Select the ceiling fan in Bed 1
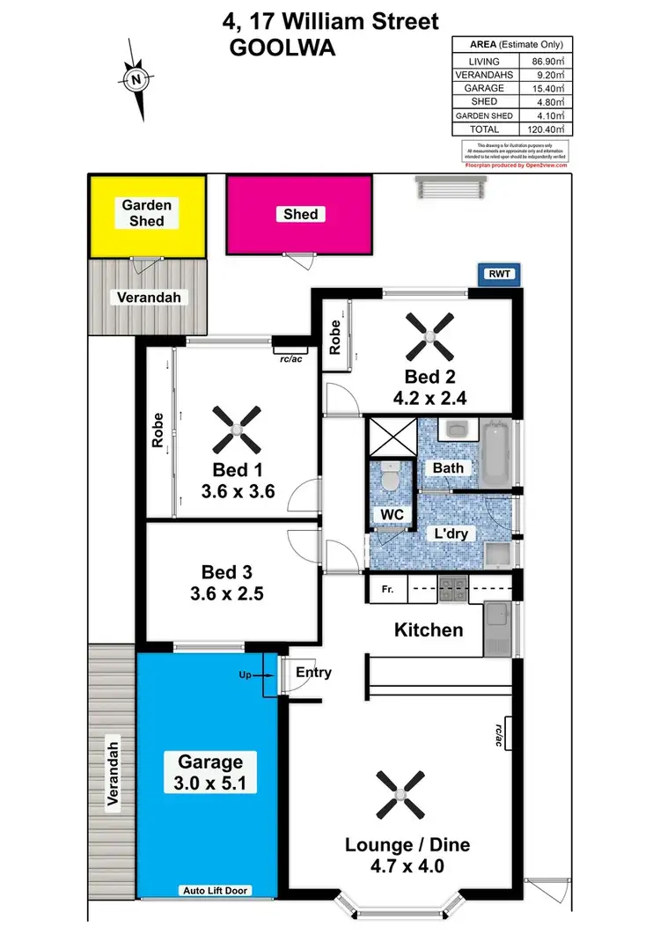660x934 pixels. pos(237,427)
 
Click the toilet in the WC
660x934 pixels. pos(388,479)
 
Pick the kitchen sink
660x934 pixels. pos(498,629)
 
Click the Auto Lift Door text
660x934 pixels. pos(215,891)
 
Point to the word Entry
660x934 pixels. pos(313,673)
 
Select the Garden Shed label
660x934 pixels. pos(147,212)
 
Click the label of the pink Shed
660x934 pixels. pos(300,214)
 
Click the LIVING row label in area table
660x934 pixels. pos(483,62)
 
